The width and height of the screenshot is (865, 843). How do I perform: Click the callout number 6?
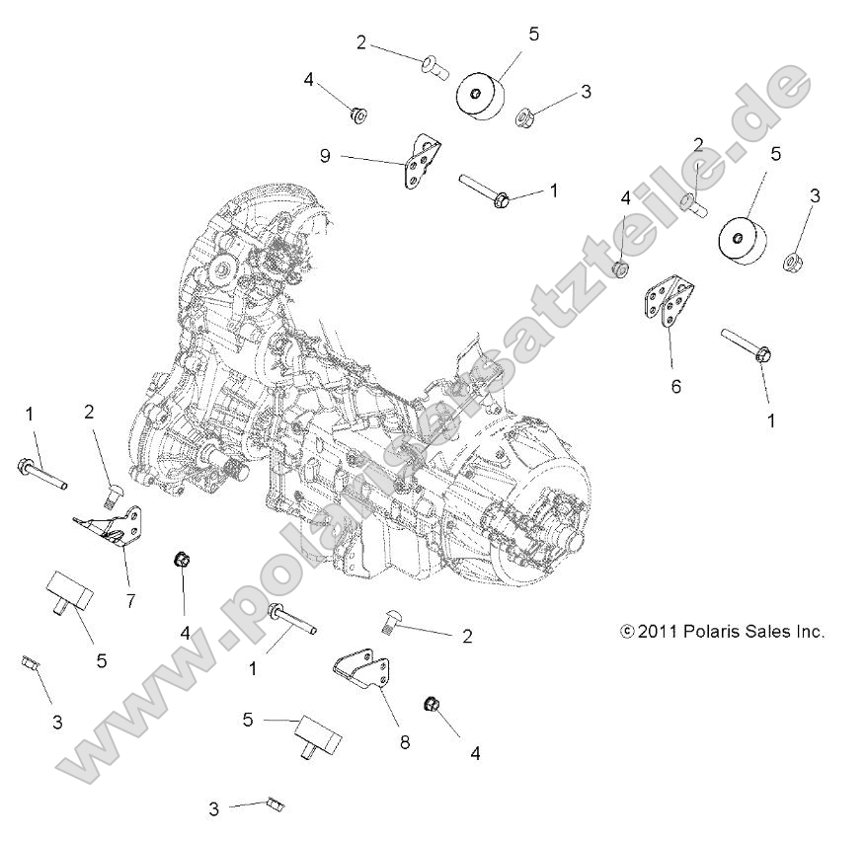(x=676, y=387)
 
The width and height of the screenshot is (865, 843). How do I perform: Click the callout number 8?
(x=403, y=740)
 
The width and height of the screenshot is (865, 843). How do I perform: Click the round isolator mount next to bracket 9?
(x=480, y=95)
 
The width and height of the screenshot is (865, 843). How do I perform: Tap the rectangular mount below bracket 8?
(x=313, y=736)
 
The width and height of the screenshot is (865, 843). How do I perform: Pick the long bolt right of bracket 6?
(x=750, y=345)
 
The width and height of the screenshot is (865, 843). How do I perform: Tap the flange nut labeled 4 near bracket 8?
(x=432, y=704)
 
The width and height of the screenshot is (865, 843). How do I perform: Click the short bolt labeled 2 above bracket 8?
(x=388, y=622)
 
